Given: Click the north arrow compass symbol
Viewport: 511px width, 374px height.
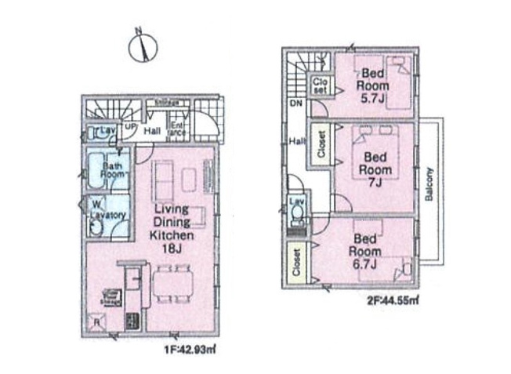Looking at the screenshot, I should (143, 46).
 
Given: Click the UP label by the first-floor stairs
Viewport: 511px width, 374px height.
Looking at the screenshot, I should (129, 125).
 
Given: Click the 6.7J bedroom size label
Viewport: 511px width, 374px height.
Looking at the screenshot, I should (366, 265).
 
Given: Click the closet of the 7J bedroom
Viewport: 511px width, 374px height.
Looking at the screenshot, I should (321, 143).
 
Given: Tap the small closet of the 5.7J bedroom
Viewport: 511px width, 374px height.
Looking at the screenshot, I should (321, 85).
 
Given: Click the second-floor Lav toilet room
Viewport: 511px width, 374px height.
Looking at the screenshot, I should (297, 209).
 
